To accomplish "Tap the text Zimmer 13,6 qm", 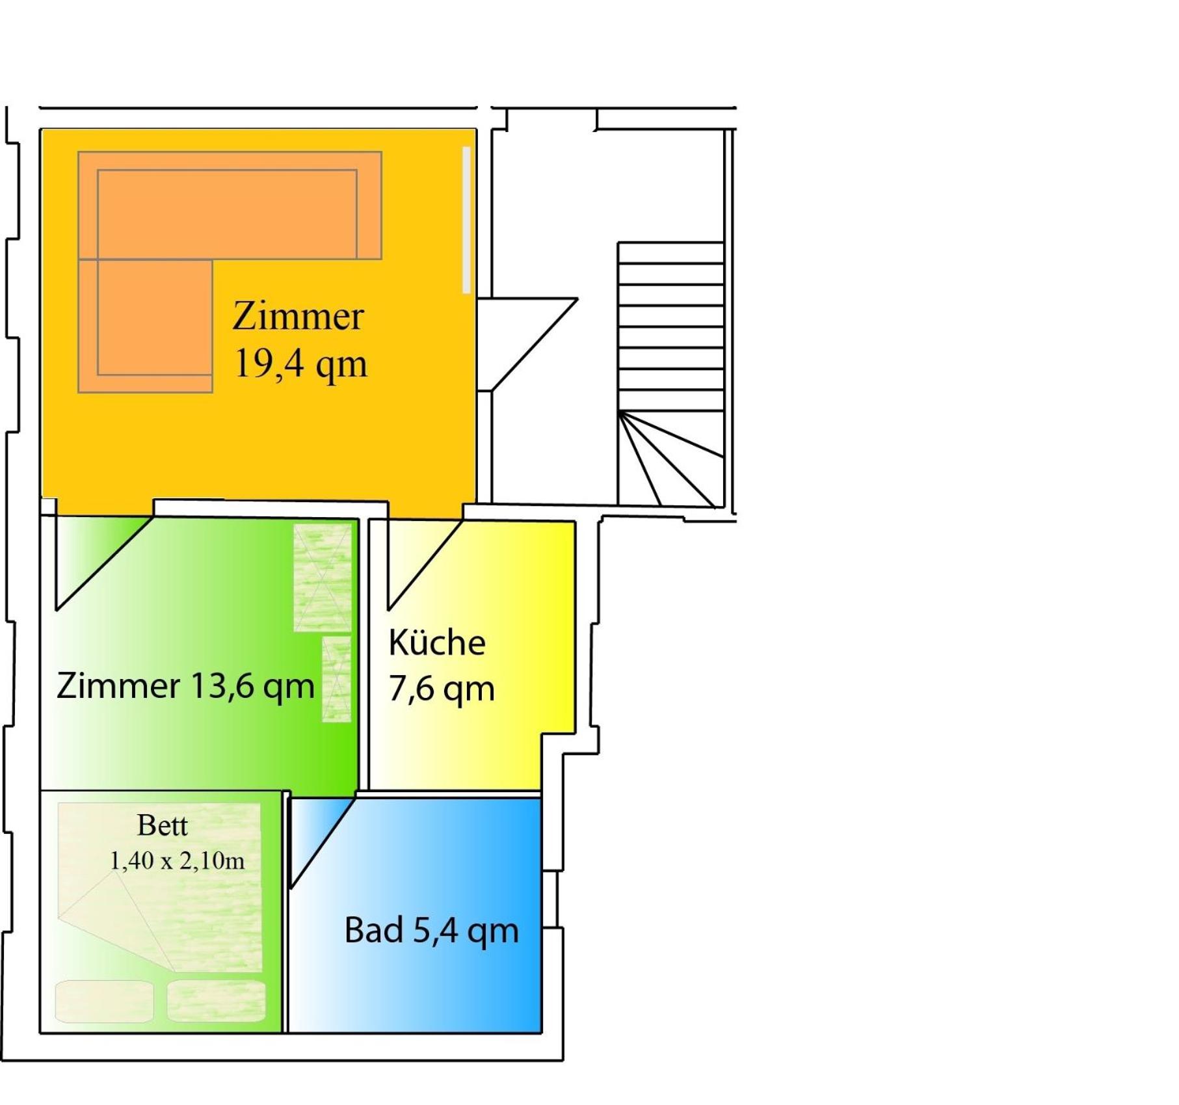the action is coord(185,686).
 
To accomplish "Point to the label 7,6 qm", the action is coord(442,689).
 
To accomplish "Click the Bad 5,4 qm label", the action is coord(431,930).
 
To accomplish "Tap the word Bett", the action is coord(163,825).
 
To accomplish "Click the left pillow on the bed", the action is coord(105,1001).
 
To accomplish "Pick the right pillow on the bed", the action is coord(217,1001).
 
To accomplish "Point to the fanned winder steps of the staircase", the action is coord(670,459).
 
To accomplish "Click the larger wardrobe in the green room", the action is coord(323,578).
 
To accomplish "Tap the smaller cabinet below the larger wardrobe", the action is coord(336,679).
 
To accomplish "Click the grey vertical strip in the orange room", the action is coord(466,220).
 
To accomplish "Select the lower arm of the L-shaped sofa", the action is coord(145,326).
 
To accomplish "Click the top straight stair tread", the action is coord(670,253).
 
